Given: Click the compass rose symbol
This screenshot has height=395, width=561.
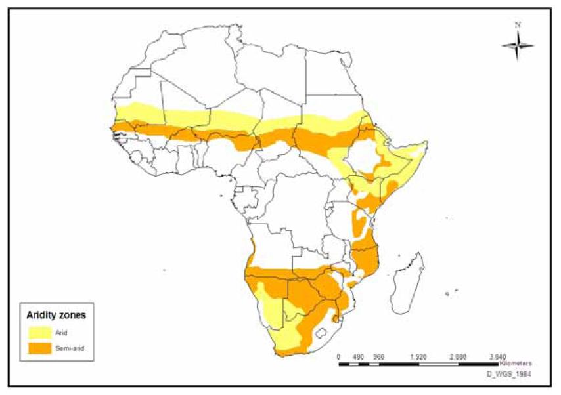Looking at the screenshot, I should (x=518, y=45).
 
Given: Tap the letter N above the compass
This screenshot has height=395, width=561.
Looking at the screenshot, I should (x=518, y=25).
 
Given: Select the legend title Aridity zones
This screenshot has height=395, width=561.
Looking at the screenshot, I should (x=55, y=315).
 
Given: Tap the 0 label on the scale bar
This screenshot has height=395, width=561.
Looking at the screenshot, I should (x=338, y=356).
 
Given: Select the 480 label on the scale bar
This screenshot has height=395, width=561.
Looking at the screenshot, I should (x=358, y=356).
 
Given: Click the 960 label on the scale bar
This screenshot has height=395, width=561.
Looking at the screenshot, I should (x=378, y=356).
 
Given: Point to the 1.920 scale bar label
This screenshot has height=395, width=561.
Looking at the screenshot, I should (x=418, y=356).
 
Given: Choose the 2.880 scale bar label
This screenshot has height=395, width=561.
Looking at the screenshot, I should (x=458, y=356).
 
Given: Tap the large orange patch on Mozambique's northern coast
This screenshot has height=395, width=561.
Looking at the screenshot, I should (x=365, y=258).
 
